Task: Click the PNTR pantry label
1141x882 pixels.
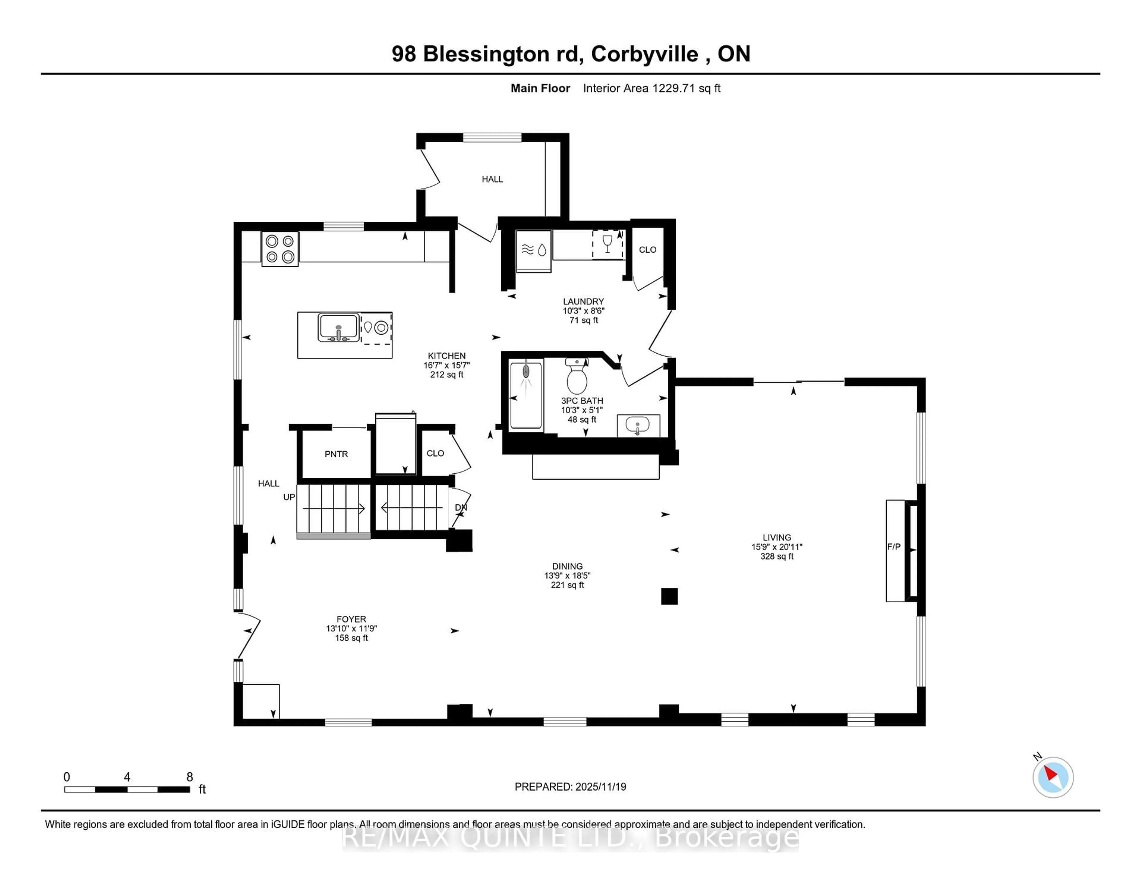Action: point(336,454)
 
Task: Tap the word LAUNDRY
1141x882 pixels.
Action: point(583,302)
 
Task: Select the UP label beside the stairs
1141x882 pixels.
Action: point(289,497)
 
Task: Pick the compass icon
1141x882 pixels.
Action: point(1053,777)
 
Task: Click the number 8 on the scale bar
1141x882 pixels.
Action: point(190,777)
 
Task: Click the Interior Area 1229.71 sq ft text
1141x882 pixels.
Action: point(652,88)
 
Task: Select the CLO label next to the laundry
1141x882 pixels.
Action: point(647,250)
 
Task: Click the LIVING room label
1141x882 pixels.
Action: point(776,537)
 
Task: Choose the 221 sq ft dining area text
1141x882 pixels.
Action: point(567,585)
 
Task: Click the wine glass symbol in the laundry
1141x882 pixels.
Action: point(607,243)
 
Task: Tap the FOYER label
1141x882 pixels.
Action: point(351,619)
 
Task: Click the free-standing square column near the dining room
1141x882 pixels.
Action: point(669,596)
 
